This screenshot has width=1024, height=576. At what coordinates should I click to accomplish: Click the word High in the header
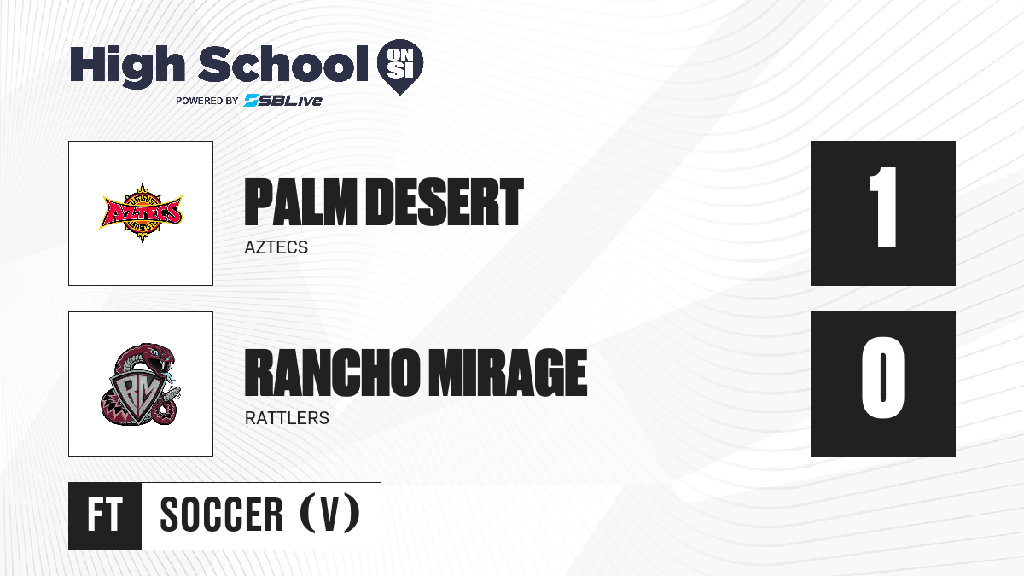click(127, 66)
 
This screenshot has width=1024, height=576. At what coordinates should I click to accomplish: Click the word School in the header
click(283, 63)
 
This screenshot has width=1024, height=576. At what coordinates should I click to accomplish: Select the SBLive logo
click(283, 100)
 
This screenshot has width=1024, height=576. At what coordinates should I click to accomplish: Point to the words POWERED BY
click(207, 101)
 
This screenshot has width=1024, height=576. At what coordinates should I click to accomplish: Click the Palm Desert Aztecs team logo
click(142, 213)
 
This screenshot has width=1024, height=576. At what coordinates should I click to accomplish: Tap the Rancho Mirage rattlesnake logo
click(141, 384)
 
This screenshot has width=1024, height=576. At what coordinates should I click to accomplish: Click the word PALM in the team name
click(300, 202)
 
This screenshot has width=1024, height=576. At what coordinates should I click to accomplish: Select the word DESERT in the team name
click(445, 202)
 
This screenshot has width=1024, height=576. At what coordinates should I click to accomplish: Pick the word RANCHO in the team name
click(331, 373)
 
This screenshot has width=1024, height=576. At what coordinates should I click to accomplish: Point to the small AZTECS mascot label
click(276, 247)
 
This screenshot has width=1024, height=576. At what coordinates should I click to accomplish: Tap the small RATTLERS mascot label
click(287, 418)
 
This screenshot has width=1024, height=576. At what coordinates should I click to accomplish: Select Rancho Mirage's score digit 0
click(882, 377)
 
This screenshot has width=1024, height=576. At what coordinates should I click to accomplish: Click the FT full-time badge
click(105, 515)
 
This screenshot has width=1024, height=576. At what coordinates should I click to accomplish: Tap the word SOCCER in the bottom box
click(222, 515)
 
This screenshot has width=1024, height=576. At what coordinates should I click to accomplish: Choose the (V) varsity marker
click(329, 515)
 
